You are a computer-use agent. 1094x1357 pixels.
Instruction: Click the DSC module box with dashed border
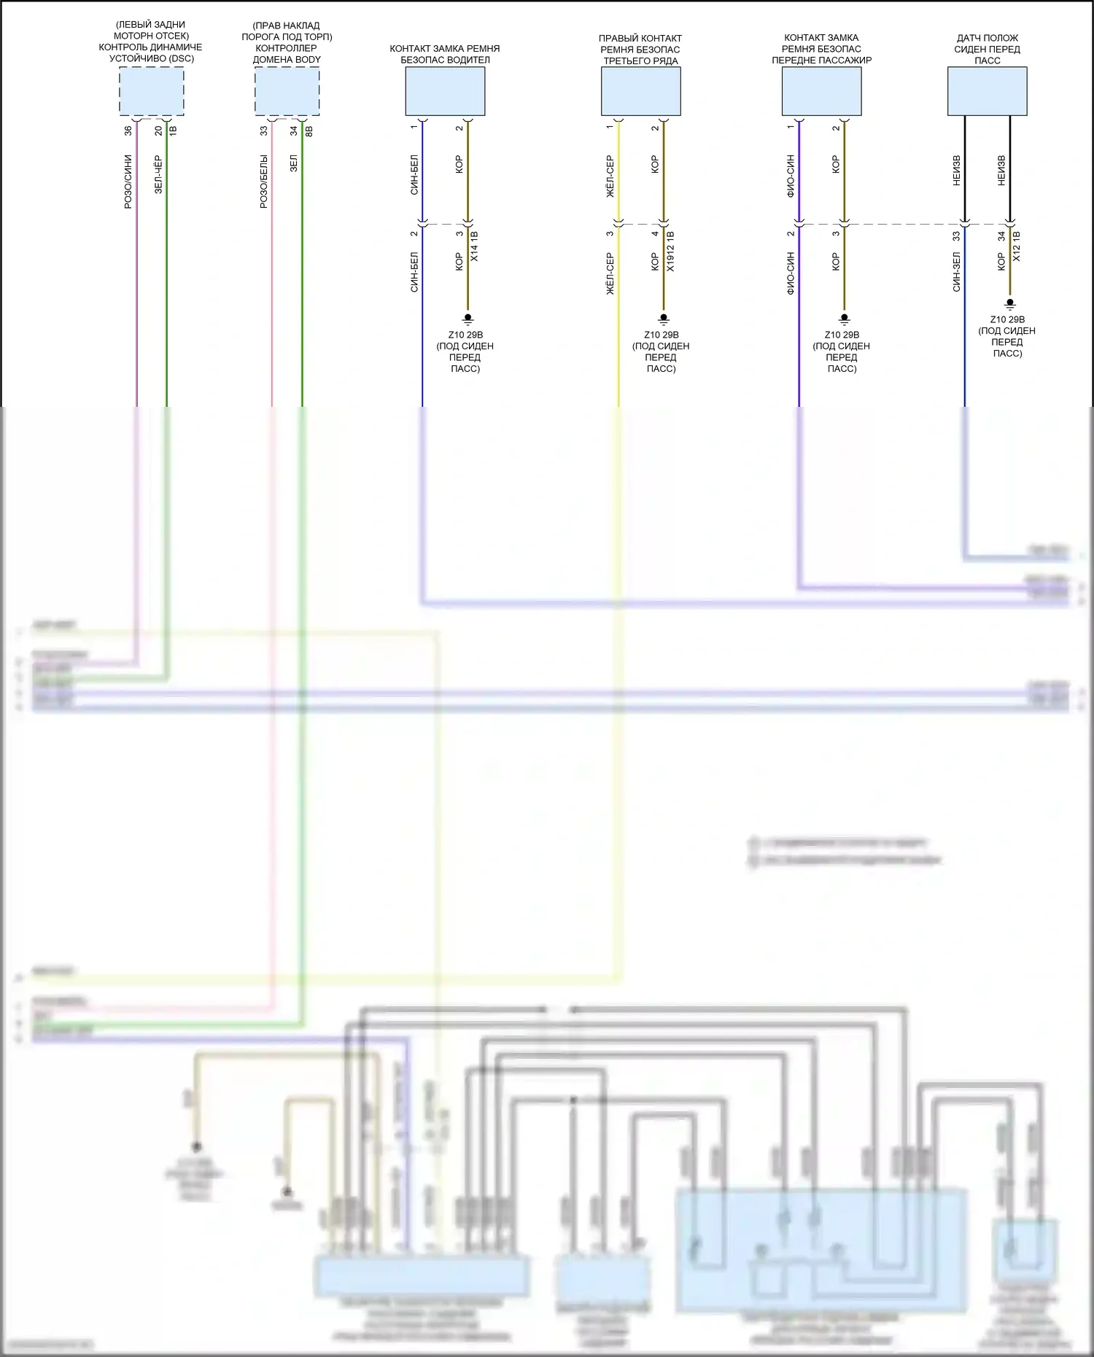click(152, 91)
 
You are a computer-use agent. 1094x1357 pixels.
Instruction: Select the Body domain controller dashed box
click(287, 91)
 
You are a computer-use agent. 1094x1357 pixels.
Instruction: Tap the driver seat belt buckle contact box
click(445, 91)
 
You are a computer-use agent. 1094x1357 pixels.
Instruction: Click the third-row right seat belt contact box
click(640, 91)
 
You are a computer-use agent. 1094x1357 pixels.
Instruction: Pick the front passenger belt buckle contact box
click(821, 91)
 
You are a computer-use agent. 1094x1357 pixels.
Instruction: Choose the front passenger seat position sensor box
click(987, 91)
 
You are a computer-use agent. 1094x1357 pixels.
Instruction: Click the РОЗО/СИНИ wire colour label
click(128, 182)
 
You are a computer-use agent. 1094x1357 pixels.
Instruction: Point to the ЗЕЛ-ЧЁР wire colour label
click(158, 174)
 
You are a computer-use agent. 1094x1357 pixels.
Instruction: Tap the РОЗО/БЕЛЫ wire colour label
click(264, 182)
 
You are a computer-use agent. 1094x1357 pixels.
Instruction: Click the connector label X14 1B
click(474, 247)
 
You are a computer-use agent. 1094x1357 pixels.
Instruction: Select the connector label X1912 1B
click(670, 252)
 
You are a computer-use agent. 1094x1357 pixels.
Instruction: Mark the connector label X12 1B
click(1017, 247)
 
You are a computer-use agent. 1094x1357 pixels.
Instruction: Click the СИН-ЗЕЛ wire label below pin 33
click(956, 272)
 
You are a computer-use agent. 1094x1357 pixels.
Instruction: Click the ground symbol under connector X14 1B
click(468, 319)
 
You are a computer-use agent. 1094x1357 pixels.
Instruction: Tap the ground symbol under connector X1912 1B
click(664, 319)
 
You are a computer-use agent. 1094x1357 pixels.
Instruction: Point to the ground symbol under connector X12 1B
click(1010, 303)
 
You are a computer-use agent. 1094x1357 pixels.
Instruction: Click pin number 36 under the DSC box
click(128, 131)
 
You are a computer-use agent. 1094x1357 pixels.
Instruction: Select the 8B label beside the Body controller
click(309, 131)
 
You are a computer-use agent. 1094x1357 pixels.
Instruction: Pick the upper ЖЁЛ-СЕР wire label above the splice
click(610, 176)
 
